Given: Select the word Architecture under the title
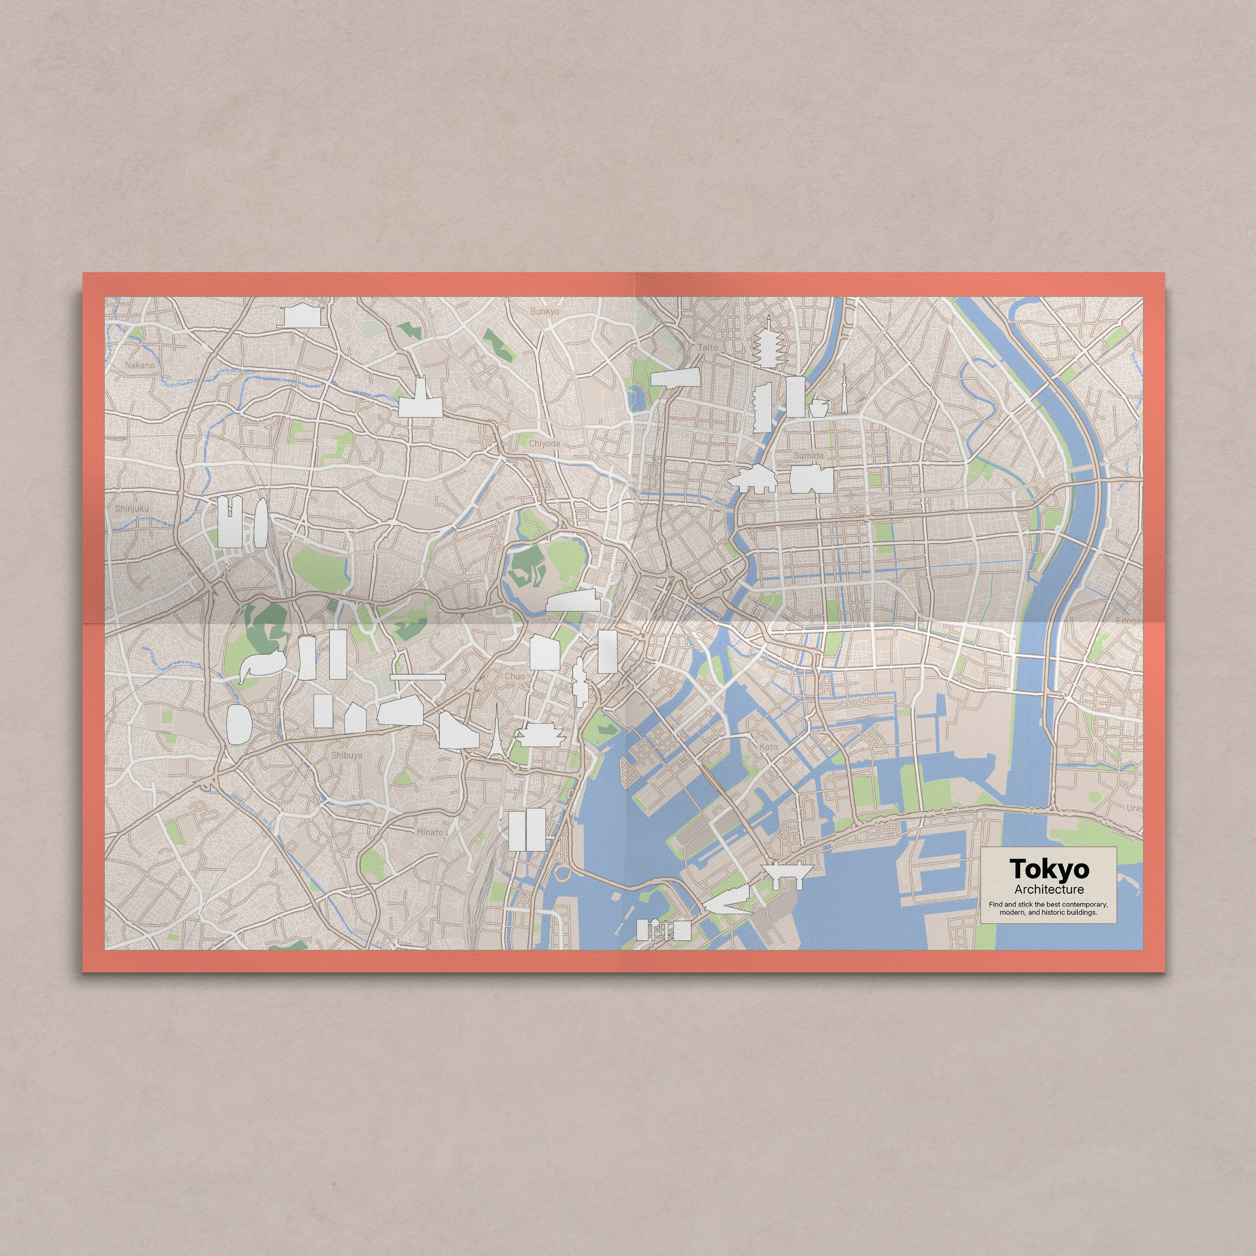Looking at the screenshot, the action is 1049,889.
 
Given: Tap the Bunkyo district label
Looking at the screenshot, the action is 544,311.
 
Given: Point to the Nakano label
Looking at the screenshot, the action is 140,365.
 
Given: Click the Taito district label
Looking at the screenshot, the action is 708,347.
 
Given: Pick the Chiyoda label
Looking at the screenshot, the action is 544,443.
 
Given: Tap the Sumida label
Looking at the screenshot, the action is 808,456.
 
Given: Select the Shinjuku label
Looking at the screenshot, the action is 132,508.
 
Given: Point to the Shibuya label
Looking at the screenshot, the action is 347,755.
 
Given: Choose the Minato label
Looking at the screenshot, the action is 430,832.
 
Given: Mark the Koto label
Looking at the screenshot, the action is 768,747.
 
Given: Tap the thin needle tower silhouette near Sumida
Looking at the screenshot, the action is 844,390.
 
